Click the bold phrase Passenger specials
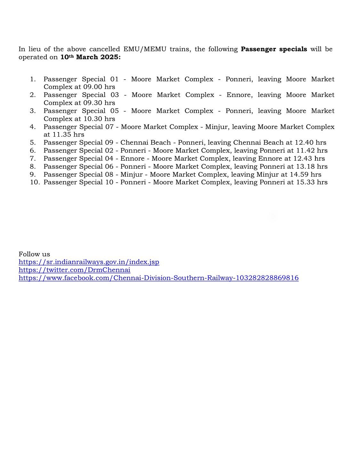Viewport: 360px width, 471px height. tap(274, 49)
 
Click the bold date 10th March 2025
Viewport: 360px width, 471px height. tap(91, 57)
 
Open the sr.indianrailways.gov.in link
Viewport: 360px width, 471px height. tap(89, 262)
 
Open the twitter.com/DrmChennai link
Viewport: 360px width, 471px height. tap(74, 270)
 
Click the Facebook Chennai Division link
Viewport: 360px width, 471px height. tap(158, 278)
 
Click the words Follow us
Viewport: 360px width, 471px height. tap(34, 254)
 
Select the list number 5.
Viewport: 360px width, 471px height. tap(33, 143)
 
